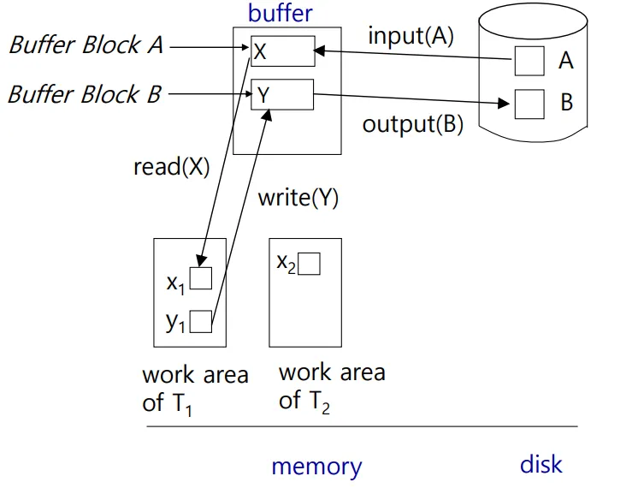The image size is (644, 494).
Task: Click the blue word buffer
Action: (x=280, y=13)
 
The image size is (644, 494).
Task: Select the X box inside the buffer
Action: (x=282, y=51)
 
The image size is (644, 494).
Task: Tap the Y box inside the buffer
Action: (x=282, y=94)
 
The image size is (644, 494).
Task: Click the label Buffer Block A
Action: (x=86, y=45)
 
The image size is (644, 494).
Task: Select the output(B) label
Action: (x=412, y=124)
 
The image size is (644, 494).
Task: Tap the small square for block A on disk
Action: (x=529, y=62)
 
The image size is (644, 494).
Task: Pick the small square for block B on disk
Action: (x=529, y=104)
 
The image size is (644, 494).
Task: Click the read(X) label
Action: (x=171, y=166)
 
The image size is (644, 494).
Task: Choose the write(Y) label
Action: (x=298, y=198)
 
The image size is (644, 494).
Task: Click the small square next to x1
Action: (x=201, y=279)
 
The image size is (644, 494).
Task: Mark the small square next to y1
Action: (x=201, y=321)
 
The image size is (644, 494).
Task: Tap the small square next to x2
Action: (x=309, y=265)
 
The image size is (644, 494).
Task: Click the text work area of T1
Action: (x=195, y=388)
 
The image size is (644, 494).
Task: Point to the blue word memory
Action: (x=316, y=467)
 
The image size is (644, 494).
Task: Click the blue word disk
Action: (x=541, y=464)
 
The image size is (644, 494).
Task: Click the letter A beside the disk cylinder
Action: (x=565, y=61)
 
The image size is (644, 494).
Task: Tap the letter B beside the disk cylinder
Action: (x=565, y=104)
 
